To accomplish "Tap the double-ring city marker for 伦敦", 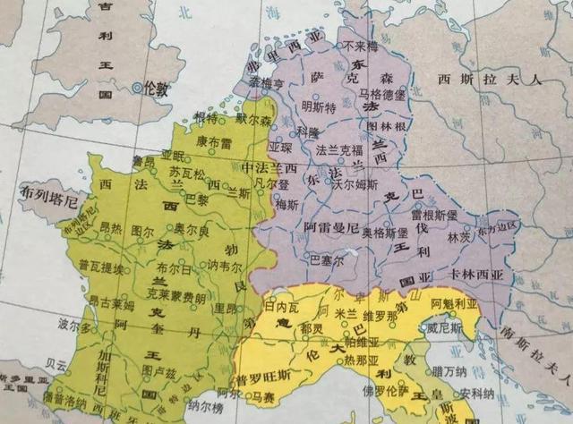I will (136, 88).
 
